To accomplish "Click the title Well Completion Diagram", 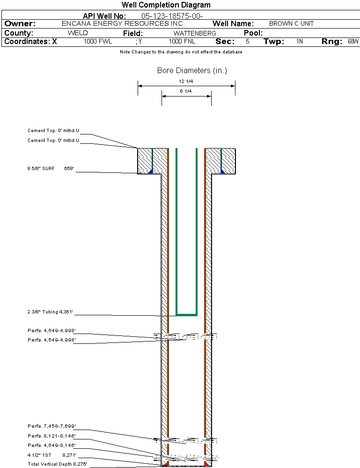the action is point(166,5).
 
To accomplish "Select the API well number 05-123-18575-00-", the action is point(172,16).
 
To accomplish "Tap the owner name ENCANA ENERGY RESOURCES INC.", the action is point(123,23).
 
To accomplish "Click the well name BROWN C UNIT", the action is point(291,23).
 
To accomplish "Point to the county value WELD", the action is point(78,33).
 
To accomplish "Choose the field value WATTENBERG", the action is point(195,33).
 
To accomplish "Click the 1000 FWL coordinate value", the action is point(98,42).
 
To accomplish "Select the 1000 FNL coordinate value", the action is point(182,42).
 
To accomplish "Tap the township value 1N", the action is point(300,42).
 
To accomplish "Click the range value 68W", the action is point(353,42).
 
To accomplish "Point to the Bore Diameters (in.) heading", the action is point(192,70).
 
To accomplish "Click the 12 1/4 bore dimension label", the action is point(186,81).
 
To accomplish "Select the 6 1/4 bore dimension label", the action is point(186,91).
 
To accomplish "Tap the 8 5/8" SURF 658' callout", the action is point(51,169).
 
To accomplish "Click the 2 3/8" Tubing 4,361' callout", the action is point(50,312).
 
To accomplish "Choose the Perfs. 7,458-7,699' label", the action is point(51,426).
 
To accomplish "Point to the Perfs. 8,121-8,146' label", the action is point(51,436).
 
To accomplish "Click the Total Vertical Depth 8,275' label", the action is point(57,464).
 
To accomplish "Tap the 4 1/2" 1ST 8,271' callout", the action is point(52,455).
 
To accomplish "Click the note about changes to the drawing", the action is point(181,52).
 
